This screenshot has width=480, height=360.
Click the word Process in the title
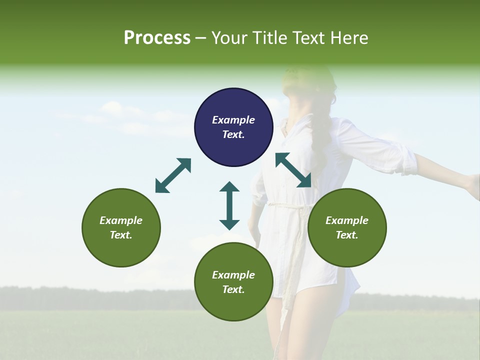point(157,37)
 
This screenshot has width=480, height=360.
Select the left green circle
point(121,228)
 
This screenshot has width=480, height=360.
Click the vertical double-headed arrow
point(229,205)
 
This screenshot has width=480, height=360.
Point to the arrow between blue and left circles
point(173,175)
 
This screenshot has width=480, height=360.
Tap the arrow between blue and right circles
point(293,170)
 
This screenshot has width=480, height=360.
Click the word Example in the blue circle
point(233,120)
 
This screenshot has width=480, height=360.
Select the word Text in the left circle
point(121,235)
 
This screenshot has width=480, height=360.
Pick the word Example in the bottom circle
point(233,275)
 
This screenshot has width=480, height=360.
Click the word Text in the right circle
point(347,235)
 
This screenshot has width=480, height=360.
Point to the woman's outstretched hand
point(472,185)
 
